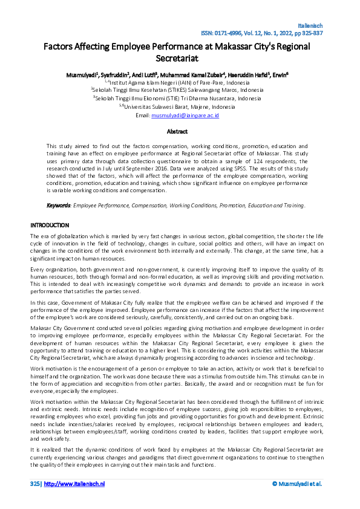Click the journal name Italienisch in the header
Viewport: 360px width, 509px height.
tap(310, 25)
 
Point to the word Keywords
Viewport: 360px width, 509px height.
tap(59, 206)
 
